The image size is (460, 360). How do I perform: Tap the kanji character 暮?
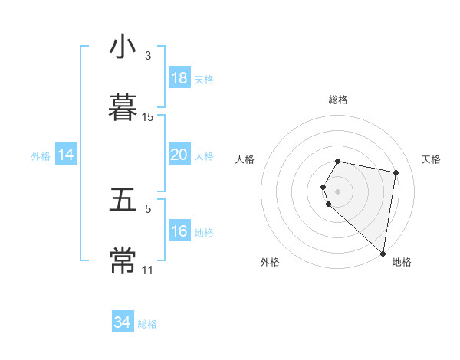123,106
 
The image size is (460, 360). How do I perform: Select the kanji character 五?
123,200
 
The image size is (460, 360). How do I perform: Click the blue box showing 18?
179,78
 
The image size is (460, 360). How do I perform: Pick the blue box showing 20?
179,155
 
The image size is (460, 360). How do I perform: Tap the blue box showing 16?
179,231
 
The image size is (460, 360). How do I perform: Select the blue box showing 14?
66,155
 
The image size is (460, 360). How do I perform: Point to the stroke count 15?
148,117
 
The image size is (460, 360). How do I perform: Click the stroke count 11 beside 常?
148,270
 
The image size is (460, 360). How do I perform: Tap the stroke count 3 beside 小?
148,56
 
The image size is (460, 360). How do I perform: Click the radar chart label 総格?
338,100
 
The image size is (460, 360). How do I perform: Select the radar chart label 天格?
431,159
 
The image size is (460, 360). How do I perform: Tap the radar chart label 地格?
402,262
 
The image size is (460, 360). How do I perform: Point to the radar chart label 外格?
270,262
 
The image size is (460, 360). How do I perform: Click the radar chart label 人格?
245,159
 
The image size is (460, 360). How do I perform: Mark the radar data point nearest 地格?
383,253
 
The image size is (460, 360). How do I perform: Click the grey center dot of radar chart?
338,191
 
